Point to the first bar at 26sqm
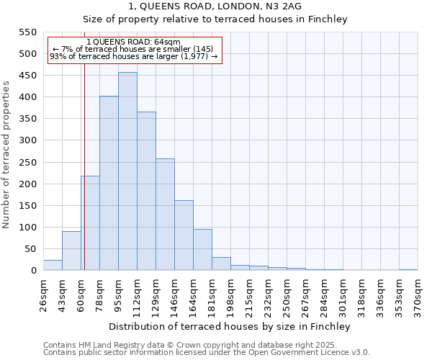click(x=53, y=266)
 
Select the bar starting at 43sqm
click(x=71, y=251)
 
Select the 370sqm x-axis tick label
click(x=418, y=295)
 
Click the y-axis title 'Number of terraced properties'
click(x=6, y=155)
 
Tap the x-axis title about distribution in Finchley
click(x=229, y=326)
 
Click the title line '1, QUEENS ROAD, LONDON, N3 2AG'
click(x=215, y=6)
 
